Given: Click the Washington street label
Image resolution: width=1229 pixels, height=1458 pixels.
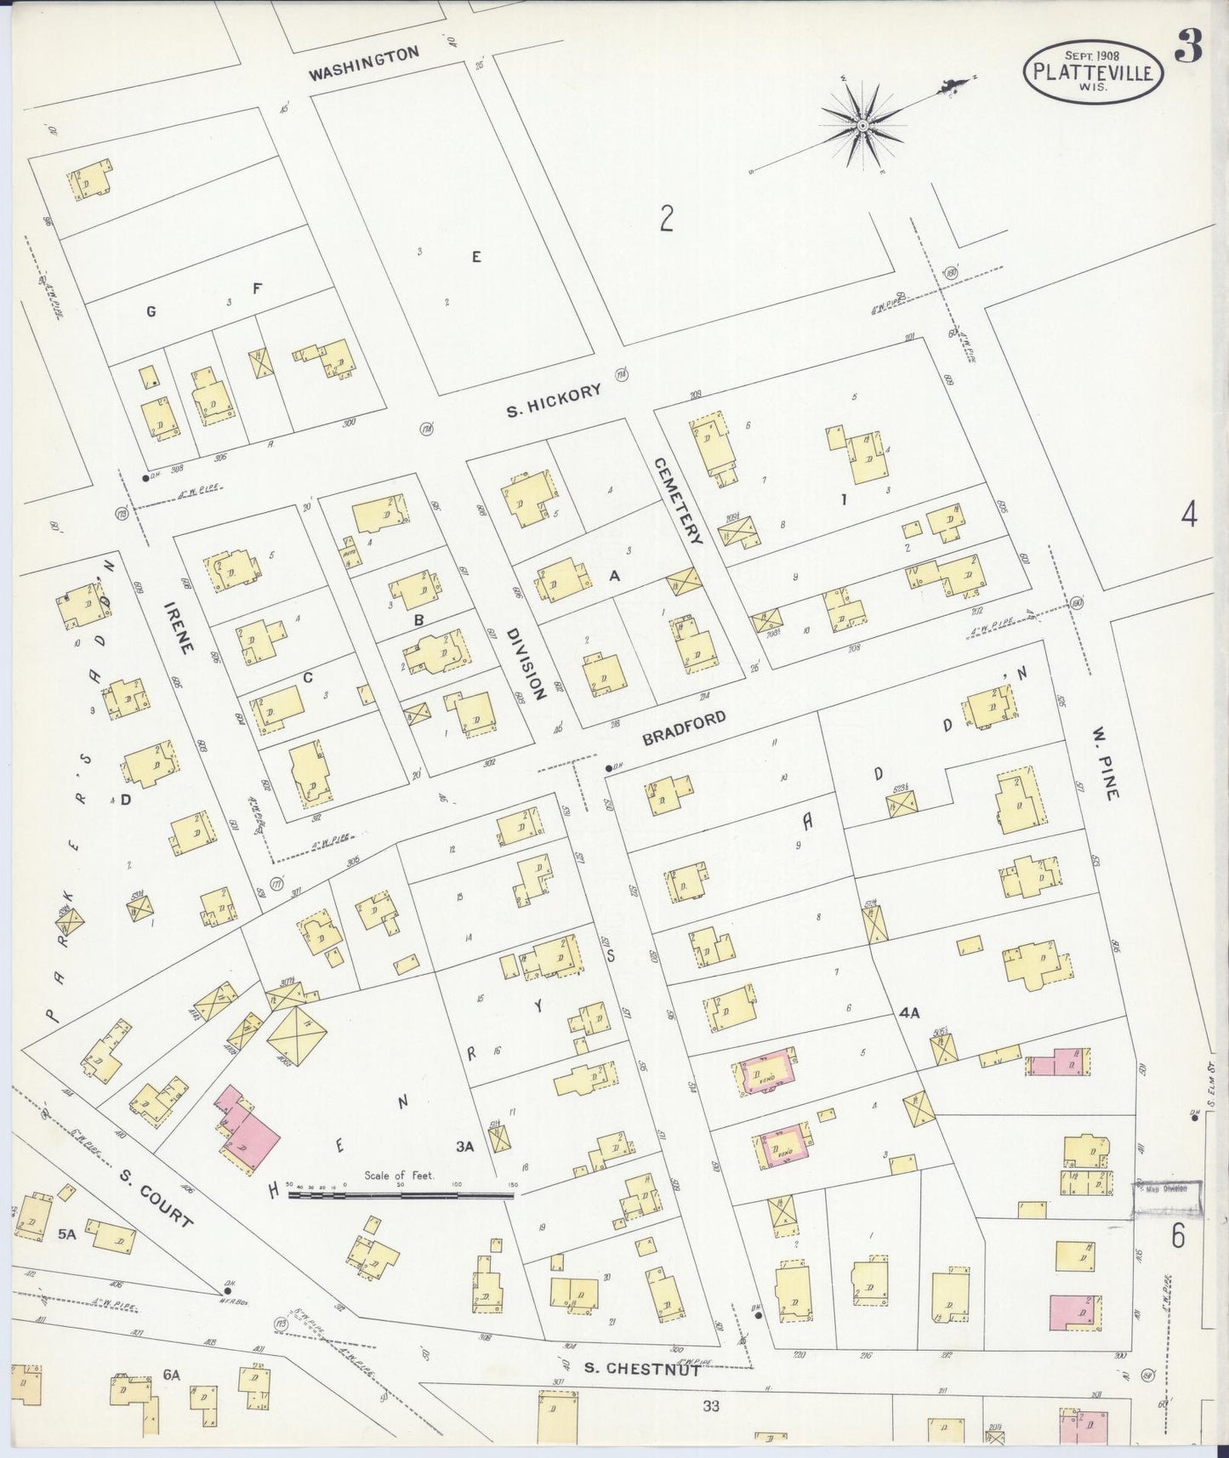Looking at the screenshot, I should click(x=363, y=64).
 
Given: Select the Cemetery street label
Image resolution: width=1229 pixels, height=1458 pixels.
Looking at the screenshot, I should click(x=678, y=501).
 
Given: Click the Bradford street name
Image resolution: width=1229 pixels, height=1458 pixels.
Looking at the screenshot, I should click(x=684, y=729).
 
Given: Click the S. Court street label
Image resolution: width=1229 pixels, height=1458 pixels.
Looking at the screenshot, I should click(x=156, y=1198).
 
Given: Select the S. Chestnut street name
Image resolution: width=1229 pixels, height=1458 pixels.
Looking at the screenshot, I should click(x=643, y=1369).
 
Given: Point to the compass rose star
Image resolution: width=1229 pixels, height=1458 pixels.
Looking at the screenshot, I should click(x=862, y=126).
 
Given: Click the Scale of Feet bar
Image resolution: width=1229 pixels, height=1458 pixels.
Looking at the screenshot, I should click(x=401, y=1195).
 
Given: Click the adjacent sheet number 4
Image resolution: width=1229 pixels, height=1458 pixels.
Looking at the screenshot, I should click(x=1188, y=515).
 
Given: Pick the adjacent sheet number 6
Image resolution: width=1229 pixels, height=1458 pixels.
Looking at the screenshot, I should click(x=1178, y=1236).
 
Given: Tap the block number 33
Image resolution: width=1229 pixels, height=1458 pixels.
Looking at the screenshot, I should click(x=711, y=1406).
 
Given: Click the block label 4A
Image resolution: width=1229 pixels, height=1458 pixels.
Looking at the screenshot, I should click(x=909, y=1013).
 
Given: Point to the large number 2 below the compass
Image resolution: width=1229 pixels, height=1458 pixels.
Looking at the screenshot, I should click(x=667, y=219).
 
